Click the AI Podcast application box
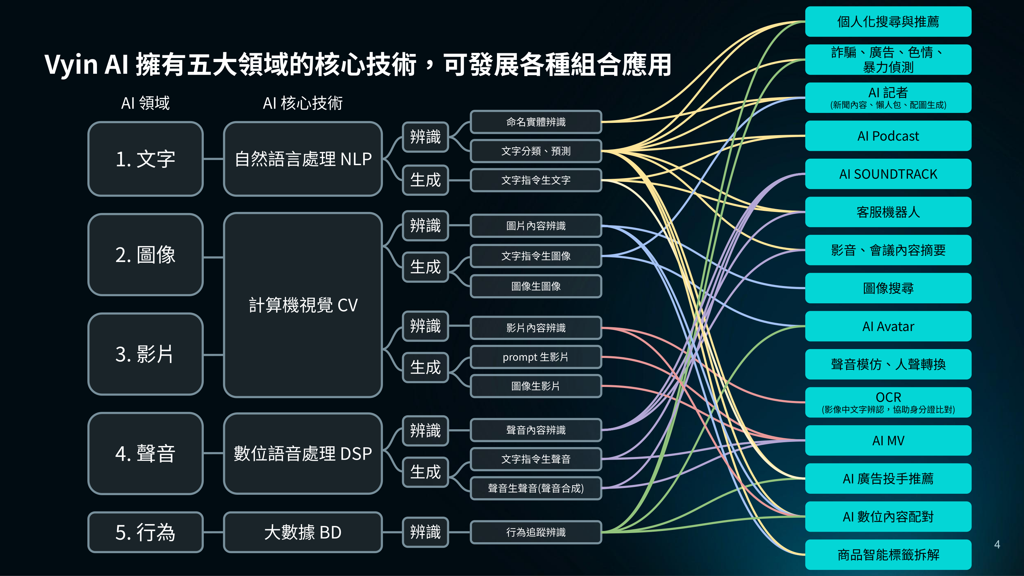click(x=888, y=136)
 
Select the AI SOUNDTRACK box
click(x=888, y=174)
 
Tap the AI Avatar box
click(x=888, y=326)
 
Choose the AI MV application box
click(x=888, y=441)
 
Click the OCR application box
click(x=888, y=402)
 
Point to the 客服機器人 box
click(x=888, y=212)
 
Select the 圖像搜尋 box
click(x=888, y=288)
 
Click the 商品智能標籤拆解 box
click(x=888, y=555)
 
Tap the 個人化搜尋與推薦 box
click(x=888, y=21)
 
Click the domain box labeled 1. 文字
click(x=145, y=159)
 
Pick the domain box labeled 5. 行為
click(x=145, y=532)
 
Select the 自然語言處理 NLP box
click(x=303, y=159)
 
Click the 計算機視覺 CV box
click(x=303, y=305)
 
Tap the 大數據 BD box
click(x=303, y=532)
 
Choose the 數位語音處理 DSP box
click(x=303, y=453)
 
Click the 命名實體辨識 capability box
click(x=536, y=122)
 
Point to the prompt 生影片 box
click(x=536, y=357)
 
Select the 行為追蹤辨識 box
click(x=536, y=532)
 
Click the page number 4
click(x=997, y=544)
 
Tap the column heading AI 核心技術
click(x=303, y=103)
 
